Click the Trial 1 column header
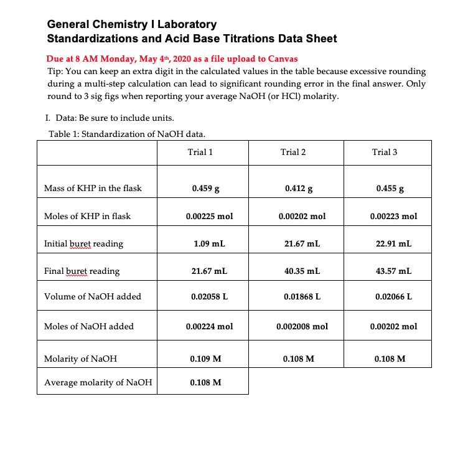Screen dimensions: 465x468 coord(200,152)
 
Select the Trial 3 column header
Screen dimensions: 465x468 coord(385,152)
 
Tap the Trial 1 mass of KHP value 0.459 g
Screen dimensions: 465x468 coord(205,188)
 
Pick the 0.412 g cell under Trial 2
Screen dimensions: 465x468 coord(298,188)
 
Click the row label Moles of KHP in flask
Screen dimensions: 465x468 coord(87,217)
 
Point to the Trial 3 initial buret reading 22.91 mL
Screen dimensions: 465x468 coord(393,244)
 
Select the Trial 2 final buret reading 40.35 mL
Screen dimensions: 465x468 coord(302,271)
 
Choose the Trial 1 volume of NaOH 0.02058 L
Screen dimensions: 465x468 coord(209,297)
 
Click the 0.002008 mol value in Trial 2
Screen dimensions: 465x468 coord(302,326)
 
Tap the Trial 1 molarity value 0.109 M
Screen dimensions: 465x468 coord(205,359)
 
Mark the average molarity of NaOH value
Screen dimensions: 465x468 coord(205,382)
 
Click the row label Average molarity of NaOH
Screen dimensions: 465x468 coord(98,382)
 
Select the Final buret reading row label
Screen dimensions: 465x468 coord(82,271)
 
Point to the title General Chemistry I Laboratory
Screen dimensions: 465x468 coord(132,25)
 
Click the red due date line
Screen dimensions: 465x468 coord(172,59)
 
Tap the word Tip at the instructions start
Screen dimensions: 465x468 coord(55,72)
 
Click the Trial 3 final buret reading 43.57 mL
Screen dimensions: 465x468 coord(393,271)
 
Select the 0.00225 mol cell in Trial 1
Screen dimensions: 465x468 coord(209,217)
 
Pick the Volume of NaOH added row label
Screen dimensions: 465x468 coord(93,297)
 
